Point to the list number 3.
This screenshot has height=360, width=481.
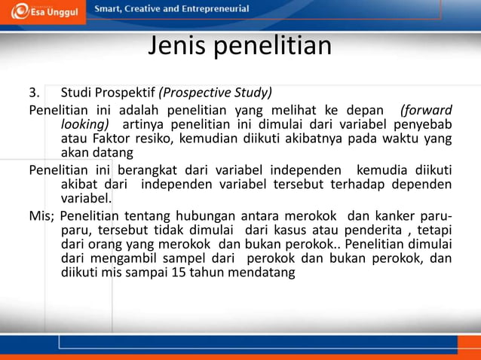(33, 94)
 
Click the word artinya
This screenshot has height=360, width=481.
(143, 124)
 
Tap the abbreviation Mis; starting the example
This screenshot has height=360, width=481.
(41, 215)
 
